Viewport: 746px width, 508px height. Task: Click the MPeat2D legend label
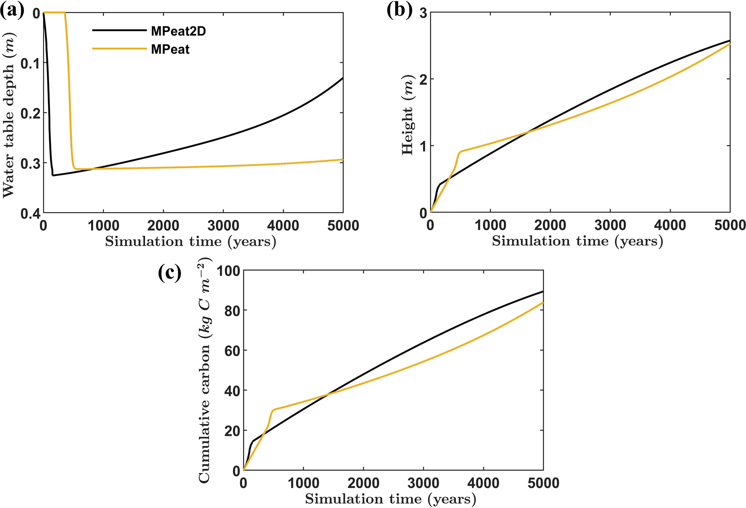coord(178,31)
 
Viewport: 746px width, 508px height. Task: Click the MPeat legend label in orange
coord(170,49)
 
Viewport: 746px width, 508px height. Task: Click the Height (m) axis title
coord(407,115)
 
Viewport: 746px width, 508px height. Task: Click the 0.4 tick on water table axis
coord(31,213)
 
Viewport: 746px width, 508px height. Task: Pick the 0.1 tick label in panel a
coord(31,63)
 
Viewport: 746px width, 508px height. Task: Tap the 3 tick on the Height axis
coord(424,13)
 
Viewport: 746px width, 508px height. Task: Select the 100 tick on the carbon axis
coord(228,271)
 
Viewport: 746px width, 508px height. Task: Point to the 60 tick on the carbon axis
coord(232,350)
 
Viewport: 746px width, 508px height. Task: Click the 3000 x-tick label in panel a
coord(223,226)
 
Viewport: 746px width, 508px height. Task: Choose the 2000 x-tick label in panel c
coord(363,483)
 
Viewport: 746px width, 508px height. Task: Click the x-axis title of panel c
coord(391,499)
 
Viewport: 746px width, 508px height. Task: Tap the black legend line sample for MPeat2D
coord(119,31)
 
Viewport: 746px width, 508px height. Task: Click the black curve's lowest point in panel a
coord(53,175)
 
